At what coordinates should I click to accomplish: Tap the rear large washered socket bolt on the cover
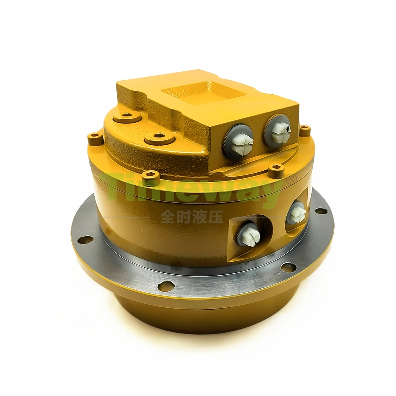point(126,116)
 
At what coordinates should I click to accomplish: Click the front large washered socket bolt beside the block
point(159,138)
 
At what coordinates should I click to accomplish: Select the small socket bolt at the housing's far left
point(95,138)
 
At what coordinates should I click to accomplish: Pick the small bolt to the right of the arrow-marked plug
point(305,130)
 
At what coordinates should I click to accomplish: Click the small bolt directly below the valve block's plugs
point(276,170)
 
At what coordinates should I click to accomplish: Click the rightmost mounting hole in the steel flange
point(321,211)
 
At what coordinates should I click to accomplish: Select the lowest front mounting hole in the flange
point(165,286)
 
